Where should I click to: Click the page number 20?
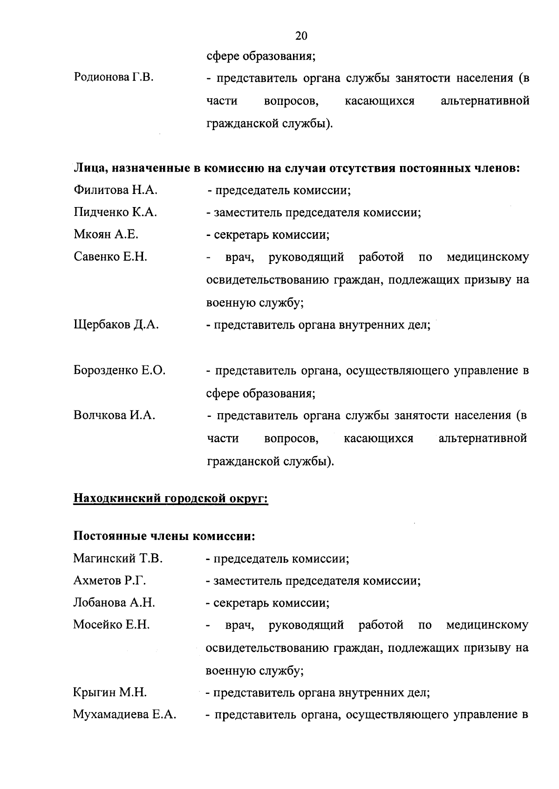point(301,36)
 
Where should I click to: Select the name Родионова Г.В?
point(114,77)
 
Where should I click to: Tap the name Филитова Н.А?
point(116,190)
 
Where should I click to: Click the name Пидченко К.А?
point(116,213)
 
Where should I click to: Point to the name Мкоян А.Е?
point(106,235)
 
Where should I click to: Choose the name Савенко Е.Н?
point(110,256)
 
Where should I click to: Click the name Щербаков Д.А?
point(116,325)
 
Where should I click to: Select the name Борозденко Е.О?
point(119,371)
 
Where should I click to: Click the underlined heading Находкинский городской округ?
point(170,498)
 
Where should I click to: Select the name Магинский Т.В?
point(118,558)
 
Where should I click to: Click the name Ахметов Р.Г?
point(109,581)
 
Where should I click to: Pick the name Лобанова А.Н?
point(114,602)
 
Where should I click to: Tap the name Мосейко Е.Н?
point(111,625)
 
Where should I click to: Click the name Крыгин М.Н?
point(110,693)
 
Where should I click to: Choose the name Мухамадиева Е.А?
point(124,715)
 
